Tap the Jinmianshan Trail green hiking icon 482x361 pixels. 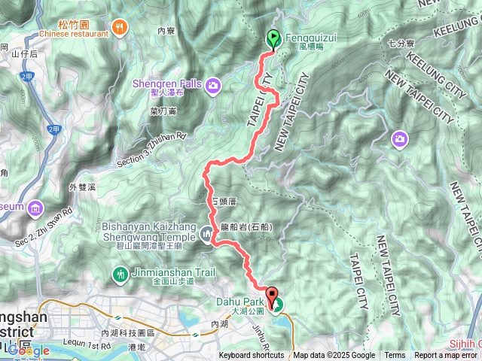[x=119, y=273]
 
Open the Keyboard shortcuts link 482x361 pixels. [x=252, y=356]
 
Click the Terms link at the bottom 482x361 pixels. [x=395, y=356]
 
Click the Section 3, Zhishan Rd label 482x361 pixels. [x=151, y=151]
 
